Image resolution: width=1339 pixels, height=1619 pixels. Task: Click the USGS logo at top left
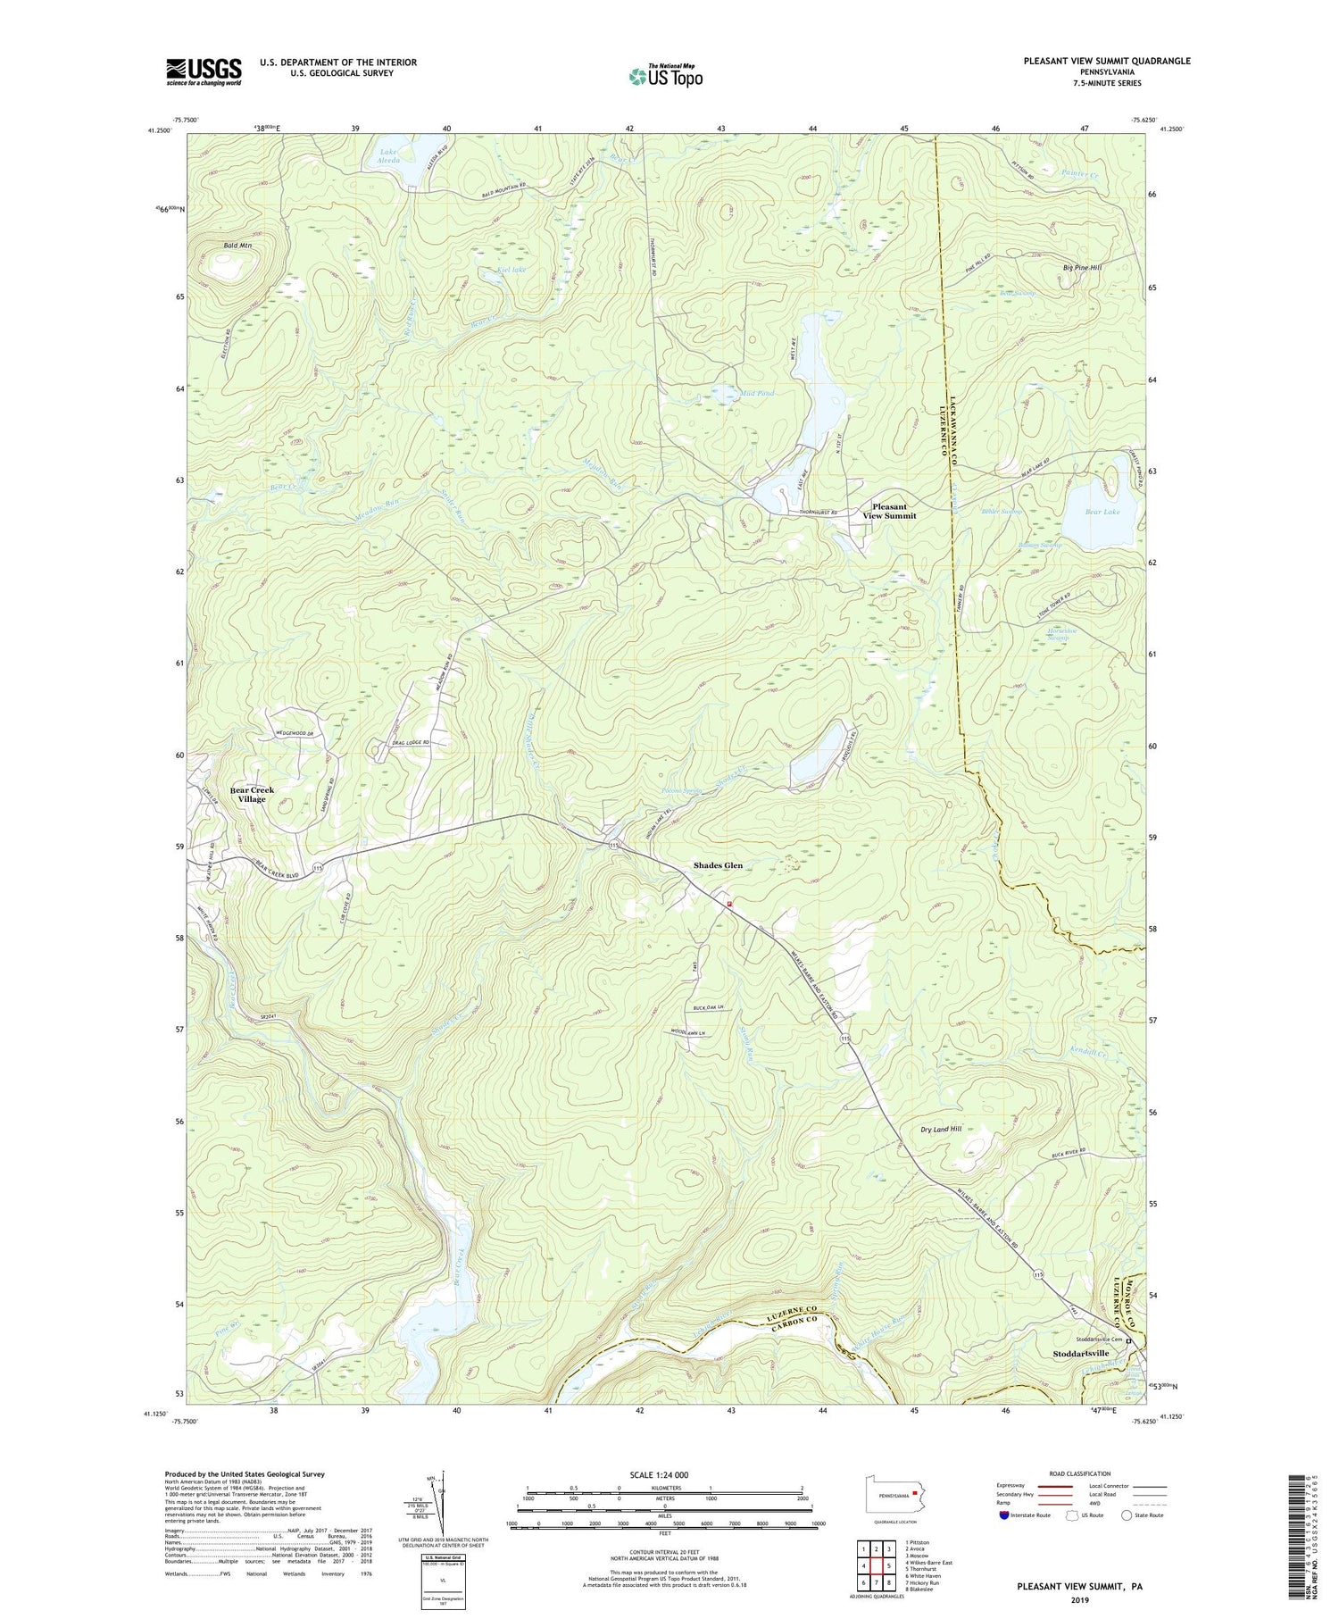[204, 71]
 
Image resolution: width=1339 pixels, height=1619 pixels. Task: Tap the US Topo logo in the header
[665, 76]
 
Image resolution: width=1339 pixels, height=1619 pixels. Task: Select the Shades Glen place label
[718, 865]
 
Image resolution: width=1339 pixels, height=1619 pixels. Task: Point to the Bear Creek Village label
[252, 794]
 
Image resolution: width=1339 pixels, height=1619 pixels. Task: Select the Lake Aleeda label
[389, 156]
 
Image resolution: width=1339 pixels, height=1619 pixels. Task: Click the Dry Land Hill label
[941, 1129]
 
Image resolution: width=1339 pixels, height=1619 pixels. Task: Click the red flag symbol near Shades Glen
[729, 904]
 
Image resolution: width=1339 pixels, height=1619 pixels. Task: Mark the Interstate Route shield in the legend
[1006, 1515]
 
